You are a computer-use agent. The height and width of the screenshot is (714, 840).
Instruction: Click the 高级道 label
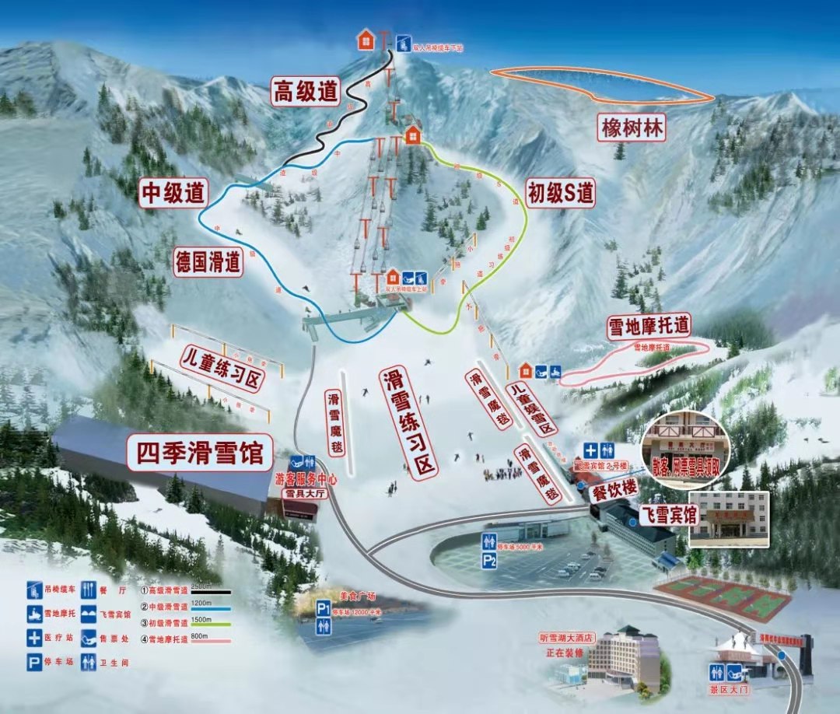coord(306,91)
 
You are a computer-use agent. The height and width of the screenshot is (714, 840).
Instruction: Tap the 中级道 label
coord(173,193)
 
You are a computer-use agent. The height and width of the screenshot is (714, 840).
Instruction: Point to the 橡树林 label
coord(632,128)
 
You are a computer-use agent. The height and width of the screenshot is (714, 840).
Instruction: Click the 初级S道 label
coord(560,192)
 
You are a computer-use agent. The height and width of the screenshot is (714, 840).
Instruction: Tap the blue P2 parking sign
coord(489,559)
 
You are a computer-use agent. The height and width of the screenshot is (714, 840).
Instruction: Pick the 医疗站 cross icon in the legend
coord(35,639)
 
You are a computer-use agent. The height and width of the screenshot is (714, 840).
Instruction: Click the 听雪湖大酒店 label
coord(567,638)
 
